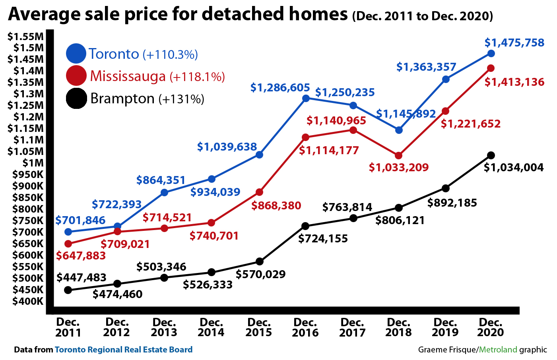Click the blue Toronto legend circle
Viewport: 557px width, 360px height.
76,54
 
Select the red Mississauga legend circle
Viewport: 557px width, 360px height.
76,75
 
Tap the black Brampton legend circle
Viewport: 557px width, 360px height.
76,98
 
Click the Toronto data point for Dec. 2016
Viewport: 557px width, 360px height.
306,98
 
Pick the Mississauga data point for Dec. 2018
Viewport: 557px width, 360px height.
399,155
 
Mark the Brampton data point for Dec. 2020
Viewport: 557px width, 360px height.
491,155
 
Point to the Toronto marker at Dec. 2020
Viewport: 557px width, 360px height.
491,53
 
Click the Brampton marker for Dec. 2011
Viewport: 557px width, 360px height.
68,290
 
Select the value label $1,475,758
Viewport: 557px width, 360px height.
514,43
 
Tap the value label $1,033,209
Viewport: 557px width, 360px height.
399,167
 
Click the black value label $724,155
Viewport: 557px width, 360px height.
323,238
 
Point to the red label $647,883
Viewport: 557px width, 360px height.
81,255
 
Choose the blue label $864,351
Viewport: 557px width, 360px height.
161,180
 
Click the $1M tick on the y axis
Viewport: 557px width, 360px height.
33,163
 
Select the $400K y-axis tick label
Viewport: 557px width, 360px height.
28,301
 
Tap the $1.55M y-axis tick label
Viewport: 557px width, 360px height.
25,37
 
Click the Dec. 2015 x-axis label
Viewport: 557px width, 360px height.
258,327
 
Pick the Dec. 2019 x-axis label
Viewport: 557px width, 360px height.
445,327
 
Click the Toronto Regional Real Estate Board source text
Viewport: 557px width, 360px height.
124,350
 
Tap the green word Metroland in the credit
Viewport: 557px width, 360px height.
498,350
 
